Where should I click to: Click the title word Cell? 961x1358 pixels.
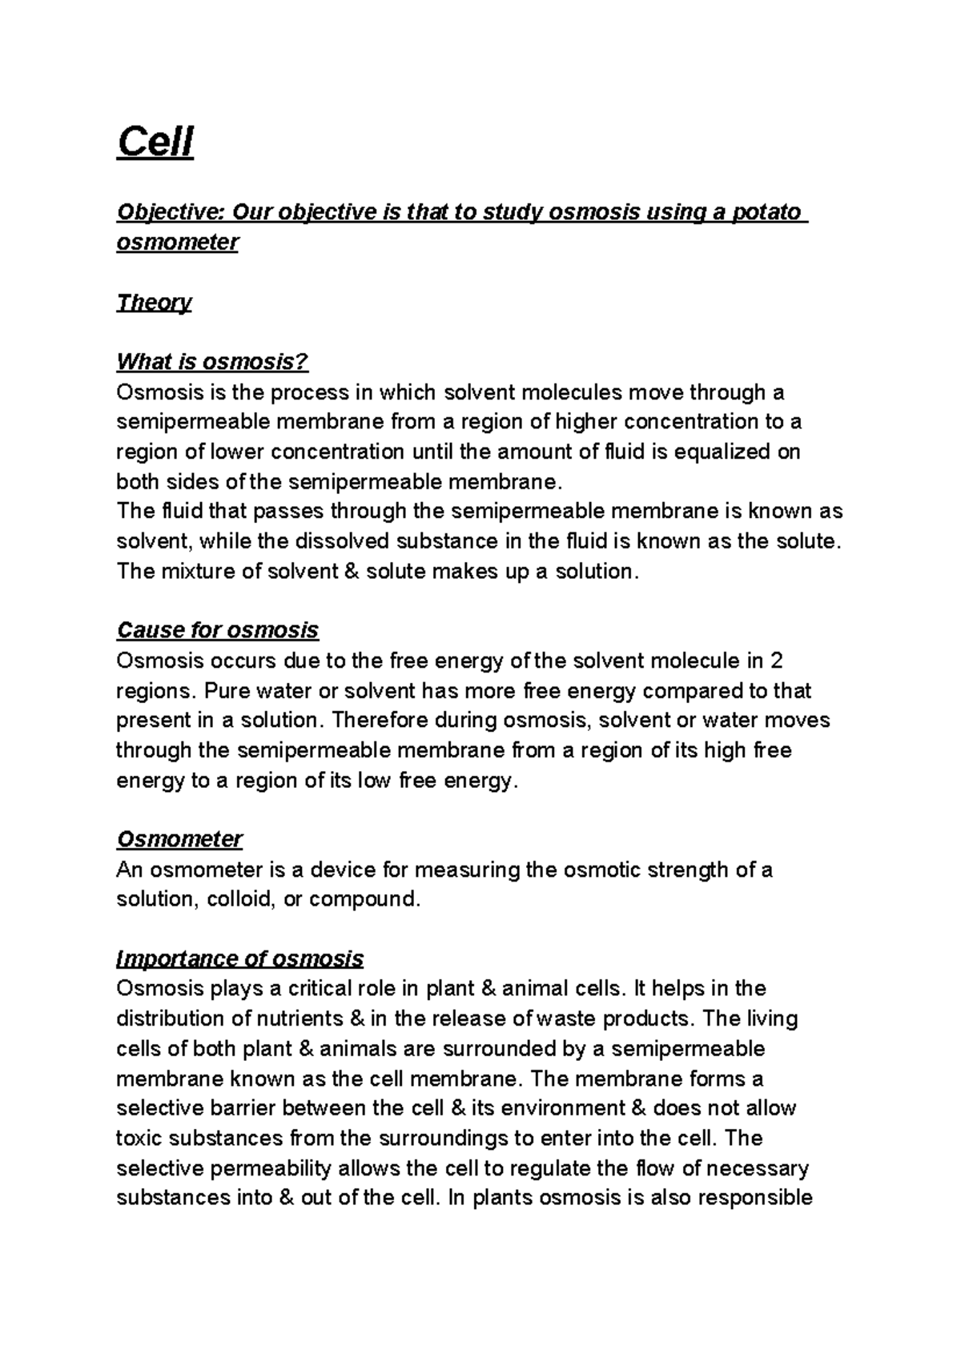[x=155, y=143]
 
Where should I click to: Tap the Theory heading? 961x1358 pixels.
[x=154, y=303]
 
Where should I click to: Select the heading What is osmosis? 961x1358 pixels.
[x=212, y=362]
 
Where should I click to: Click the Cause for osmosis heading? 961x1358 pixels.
[x=217, y=630]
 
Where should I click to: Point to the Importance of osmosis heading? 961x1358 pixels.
[x=239, y=958]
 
